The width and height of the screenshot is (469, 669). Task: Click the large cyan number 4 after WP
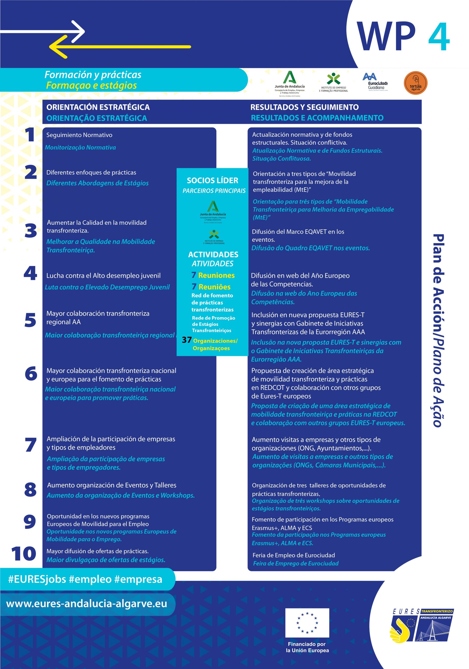[x=439, y=37]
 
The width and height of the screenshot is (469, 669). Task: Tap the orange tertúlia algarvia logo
[x=415, y=83]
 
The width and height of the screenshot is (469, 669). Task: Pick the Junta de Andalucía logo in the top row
[x=289, y=83]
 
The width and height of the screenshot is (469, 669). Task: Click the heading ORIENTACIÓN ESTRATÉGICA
[x=98, y=107]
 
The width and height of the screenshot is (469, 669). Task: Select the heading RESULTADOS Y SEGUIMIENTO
[x=304, y=107]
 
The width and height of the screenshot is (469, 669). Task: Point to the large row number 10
[x=24, y=553]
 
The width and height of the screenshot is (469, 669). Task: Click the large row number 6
[x=31, y=373]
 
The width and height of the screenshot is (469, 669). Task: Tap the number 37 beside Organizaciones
[x=187, y=340]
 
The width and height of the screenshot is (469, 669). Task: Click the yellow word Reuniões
[x=215, y=287]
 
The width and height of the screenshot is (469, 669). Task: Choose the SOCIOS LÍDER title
[x=213, y=180]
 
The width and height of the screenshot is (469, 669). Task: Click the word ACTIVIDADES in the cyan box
[x=213, y=254]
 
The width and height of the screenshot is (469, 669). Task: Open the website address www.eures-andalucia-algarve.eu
[x=87, y=603]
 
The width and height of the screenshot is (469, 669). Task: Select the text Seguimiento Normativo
[x=79, y=135]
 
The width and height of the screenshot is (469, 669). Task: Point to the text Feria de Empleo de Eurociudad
[x=294, y=555]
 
